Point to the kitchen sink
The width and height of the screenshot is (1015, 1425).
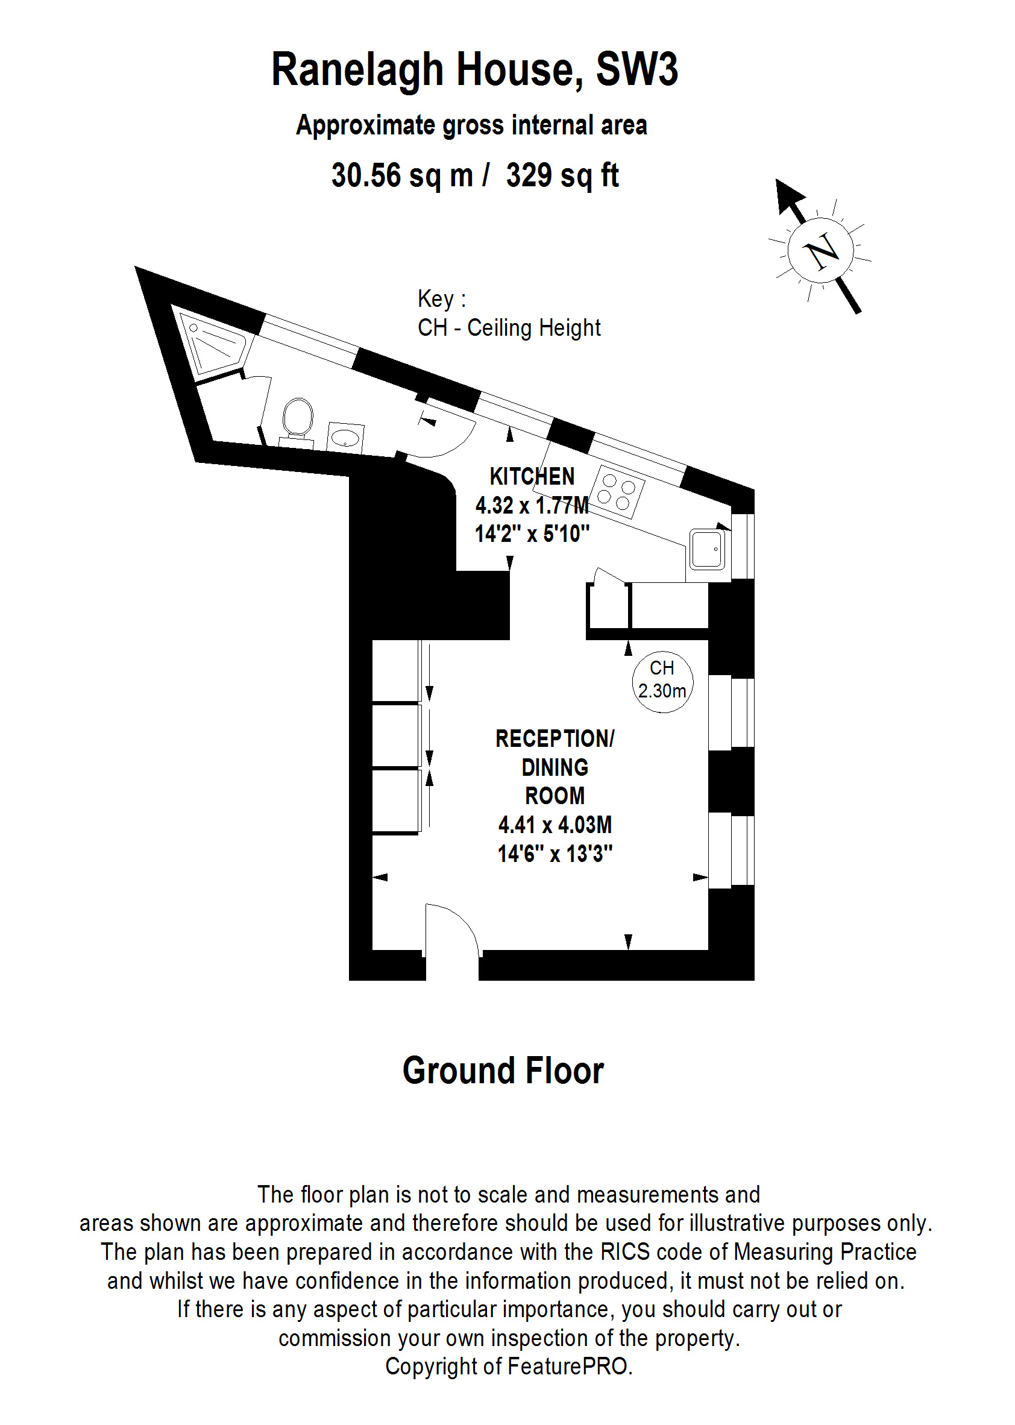[x=708, y=549]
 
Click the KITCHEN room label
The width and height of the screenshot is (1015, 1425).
[x=532, y=477]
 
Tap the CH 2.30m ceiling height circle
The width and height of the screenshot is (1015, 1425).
[x=662, y=681]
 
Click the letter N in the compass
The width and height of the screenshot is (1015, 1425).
[x=822, y=251]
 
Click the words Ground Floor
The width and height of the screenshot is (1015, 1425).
[x=503, y=1071]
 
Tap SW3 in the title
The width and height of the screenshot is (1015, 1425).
[x=636, y=70]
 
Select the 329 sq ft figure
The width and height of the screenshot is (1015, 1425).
[x=562, y=175]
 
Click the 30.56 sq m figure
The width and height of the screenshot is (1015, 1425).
[x=402, y=175]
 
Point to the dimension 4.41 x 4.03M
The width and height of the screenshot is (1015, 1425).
[x=555, y=825]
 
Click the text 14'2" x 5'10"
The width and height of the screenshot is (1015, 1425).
[x=532, y=534]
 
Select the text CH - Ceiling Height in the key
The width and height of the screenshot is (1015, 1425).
[x=509, y=328]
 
